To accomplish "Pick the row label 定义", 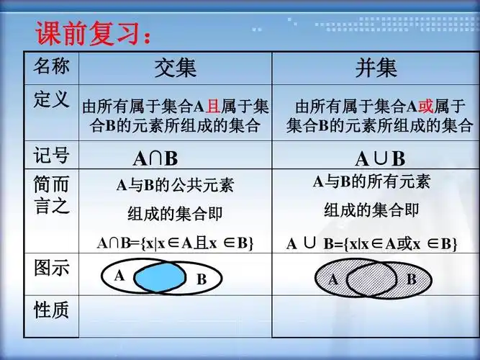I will [52, 99].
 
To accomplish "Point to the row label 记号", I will [52, 155].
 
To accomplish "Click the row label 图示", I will [52, 269].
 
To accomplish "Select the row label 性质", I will [52, 310].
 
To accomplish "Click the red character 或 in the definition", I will [425, 107].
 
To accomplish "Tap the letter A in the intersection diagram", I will [119, 274].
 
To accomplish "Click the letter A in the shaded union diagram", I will [333, 279].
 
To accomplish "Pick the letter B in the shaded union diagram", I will [411, 279].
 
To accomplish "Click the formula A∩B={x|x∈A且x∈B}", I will [176, 243].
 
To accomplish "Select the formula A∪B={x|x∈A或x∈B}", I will [372, 243].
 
